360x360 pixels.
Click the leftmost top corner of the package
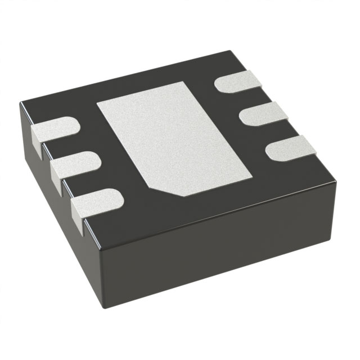click(21, 103)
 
